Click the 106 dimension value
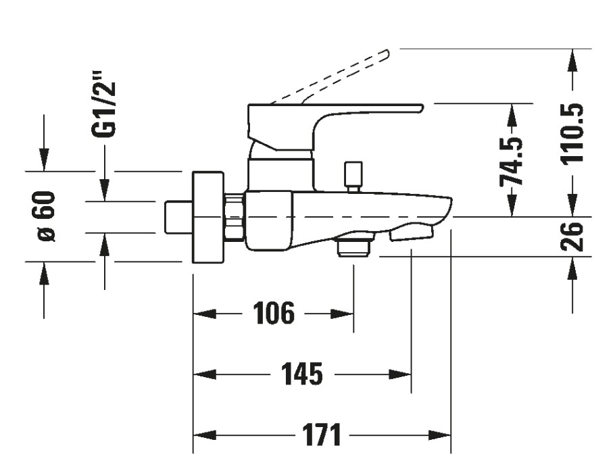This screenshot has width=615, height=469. pos(274,314)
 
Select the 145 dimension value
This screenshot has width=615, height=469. pos(301,374)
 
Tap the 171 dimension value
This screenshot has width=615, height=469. pos(321,435)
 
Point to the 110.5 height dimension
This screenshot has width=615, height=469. pos(573,133)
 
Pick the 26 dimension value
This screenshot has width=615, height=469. pos(573,236)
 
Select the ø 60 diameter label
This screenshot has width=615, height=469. pos(45,216)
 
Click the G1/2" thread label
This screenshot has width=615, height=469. pos(105,109)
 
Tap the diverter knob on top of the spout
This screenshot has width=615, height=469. pos(353,176)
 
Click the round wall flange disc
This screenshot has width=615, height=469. pos(208,217)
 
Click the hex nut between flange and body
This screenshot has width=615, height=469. pos(234,217)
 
